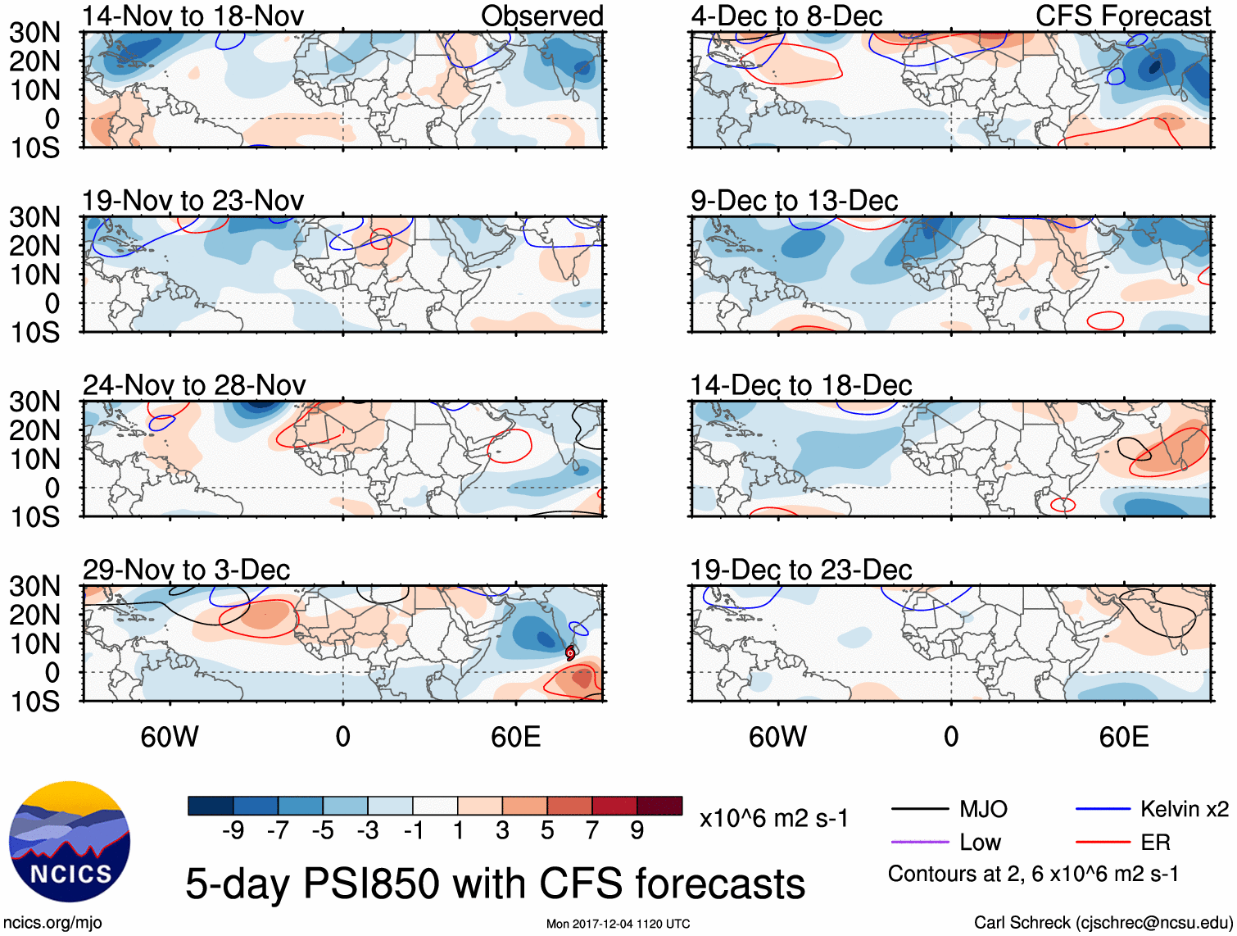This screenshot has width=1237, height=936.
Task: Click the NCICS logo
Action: tap(70, 842)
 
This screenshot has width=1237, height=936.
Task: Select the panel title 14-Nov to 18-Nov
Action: tap(193, 16)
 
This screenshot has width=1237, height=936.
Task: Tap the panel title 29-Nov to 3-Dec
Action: tap(186, 570)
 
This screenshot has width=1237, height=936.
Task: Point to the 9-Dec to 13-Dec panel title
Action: tap(794, 201)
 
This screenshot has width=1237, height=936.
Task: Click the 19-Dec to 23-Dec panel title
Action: tap(800, 570)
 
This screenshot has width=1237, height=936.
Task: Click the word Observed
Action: tap(541, 16)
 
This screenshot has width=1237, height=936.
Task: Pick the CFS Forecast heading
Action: tap(1122, 16)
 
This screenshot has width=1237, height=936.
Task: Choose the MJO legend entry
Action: tap(982, 810)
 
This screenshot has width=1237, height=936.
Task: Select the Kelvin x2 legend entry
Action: tap(1184, 810)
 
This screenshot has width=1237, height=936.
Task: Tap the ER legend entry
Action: tap(1155, 842)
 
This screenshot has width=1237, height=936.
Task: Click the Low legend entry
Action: tap(980, 842)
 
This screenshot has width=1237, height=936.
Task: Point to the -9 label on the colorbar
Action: tap(233, 831)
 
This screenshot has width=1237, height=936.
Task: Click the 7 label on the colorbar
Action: tap(592, 831)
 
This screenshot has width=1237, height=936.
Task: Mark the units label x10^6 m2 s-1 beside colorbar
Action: tap(773, 819)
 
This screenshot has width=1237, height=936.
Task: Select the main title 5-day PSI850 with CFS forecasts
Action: tap(495, 884)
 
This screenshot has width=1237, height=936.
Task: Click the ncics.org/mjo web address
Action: tap(52, 923)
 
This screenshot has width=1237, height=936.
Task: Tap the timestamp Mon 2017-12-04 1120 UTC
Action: tap(618, 924)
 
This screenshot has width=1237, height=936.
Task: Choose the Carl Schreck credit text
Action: tap(1103, 923)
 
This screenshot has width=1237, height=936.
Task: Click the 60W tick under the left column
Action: tap(170, 737)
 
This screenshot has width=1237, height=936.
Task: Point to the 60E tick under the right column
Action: tap(1123, 737)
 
